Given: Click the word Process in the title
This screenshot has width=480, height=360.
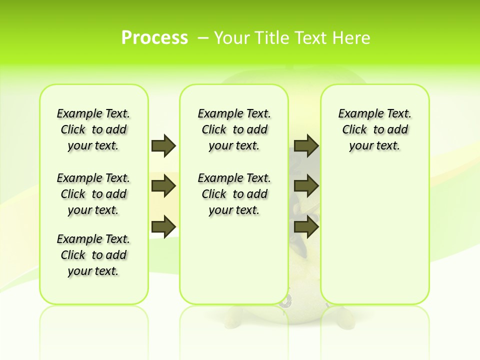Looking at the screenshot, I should (x=154, y=37).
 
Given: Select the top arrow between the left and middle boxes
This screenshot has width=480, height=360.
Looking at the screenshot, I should (x=163, y=145).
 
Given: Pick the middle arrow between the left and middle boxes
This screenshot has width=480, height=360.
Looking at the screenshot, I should (x=163, y=186).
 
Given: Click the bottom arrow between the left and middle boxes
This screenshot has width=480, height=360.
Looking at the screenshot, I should (x=163, y=226).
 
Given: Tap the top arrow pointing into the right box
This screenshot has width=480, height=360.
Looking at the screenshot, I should (x=306, y=145).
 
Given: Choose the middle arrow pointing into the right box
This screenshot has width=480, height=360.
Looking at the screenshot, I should (x=306, y=186).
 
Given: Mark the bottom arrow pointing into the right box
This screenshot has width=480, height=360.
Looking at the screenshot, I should (x=306, y=226).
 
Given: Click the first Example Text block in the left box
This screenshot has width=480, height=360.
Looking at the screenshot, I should (x=93, y=129).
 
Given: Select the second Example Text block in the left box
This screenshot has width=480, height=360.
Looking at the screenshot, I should (x=93, y=194).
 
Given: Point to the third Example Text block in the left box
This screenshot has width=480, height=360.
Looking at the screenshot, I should (x=93, y=255).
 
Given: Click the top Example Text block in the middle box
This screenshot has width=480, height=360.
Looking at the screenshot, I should (x=234, y=129).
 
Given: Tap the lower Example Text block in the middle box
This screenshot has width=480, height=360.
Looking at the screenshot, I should (x=234, y=194).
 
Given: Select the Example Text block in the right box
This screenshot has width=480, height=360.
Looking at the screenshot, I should (x=374, y=129).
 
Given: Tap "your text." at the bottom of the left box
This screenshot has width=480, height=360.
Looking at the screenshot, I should (x=93, y=271).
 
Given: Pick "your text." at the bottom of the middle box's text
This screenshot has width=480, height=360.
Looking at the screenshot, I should (x=234, y=210).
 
